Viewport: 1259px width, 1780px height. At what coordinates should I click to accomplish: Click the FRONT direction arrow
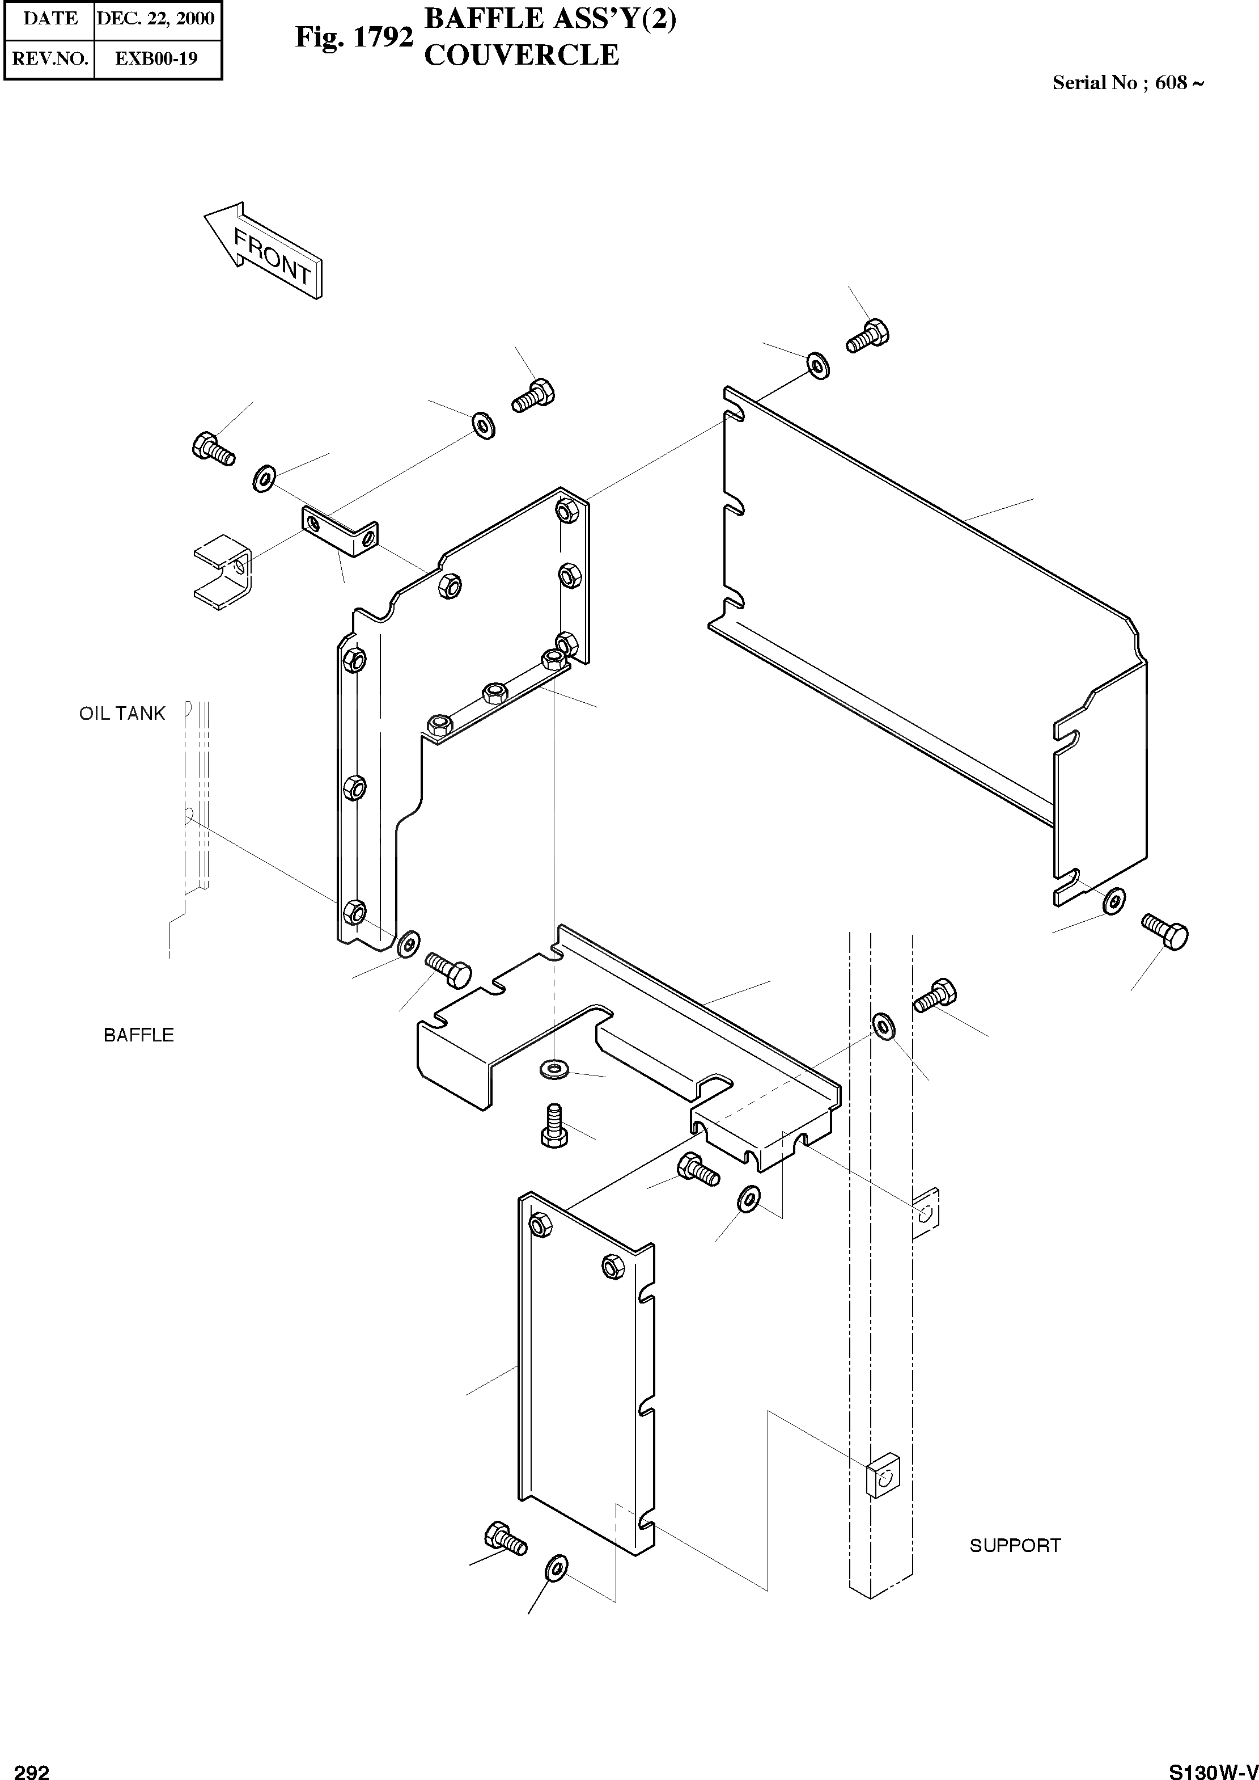pyautogui.click(x=263, y=249)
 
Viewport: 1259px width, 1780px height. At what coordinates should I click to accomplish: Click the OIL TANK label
pyautogui.click(x=122, y=714)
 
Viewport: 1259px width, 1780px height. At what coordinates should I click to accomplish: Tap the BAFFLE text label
pyautogui.click(x=139, y=1035)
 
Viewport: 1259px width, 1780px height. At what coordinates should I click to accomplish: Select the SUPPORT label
pyautogui.click(x=1015, y=1545)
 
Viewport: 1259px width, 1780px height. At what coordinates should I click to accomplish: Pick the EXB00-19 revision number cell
pyautogui.click(x=156, y=59)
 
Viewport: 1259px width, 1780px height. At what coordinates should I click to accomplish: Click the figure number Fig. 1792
pyautogui.click(x=354, y=36)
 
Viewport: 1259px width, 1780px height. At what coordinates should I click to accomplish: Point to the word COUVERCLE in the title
pyautogui.click(x=522, y=55)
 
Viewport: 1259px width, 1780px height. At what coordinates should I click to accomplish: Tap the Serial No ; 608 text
pyautogui.click(x=1127, y=83)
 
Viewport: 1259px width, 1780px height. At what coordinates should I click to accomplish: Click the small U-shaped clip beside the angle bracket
pyautogui.click(x=223, y=570)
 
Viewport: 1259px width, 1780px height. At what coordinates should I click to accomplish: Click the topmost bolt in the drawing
pyautogui.click(x=868, y=336)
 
